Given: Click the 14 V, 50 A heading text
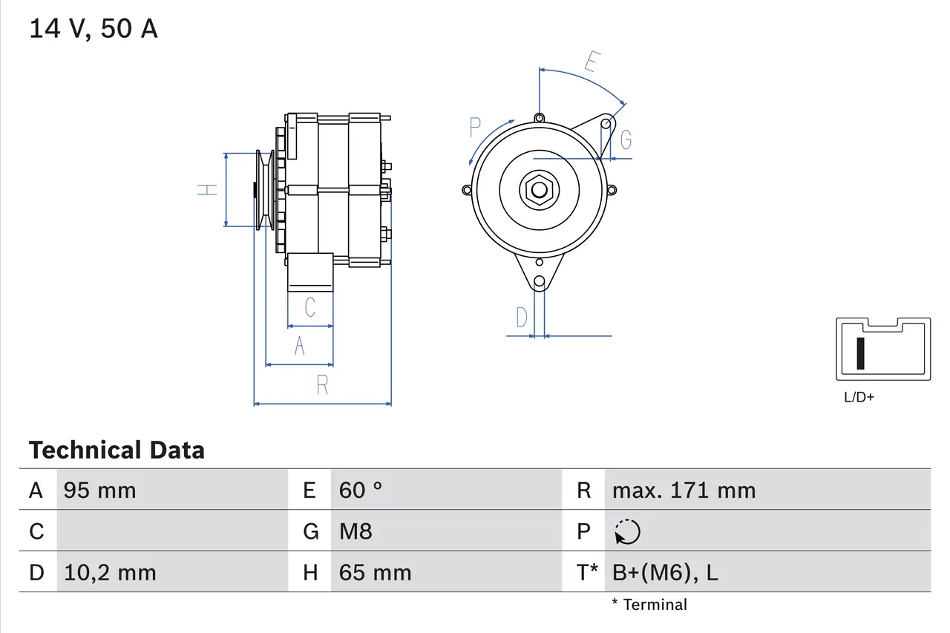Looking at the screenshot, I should point(93,28).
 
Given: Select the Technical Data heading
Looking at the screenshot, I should point(117,450).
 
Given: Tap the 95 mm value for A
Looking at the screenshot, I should point(99,491).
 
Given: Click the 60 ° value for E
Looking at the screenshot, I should point(360,491).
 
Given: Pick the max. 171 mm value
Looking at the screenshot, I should point(684,491).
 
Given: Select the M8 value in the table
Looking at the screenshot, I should point(356,531).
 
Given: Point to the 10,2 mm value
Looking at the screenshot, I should point(110,572).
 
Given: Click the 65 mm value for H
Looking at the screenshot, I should point(375,572).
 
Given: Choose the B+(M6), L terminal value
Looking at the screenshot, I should point(665,572).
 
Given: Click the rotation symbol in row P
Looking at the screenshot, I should point(627,531).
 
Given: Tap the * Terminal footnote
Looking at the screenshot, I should point(649,605).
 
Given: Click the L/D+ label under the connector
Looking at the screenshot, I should point(859,397).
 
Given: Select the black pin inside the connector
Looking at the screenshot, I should point(860,352).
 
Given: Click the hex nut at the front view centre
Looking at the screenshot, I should point(538,190).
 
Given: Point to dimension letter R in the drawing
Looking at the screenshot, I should point(322,385).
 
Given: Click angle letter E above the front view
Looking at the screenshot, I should point(591,62).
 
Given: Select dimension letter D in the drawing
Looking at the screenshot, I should point(522,318).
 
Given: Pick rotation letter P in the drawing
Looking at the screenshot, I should point(476,128).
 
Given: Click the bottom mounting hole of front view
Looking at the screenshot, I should point(540,282).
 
